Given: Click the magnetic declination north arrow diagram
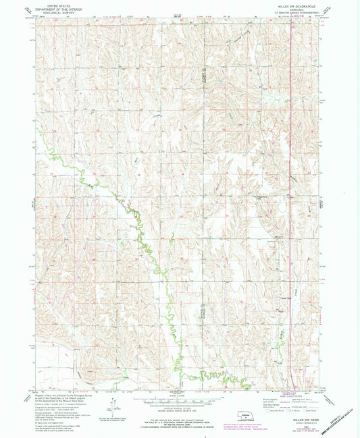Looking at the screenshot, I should [110, 404].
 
